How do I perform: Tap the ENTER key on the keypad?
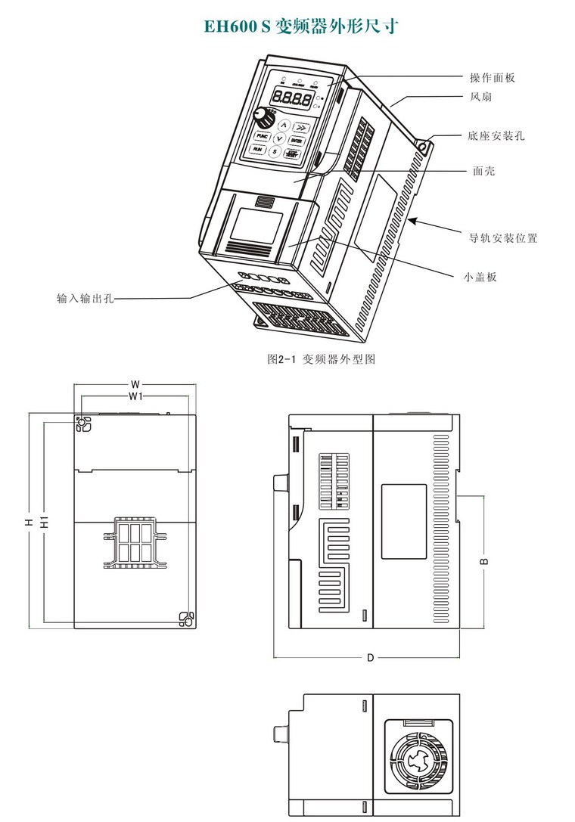[x=296, y=140]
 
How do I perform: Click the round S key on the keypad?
[x=275, y=152]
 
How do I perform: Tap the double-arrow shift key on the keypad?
[x=300, y=127]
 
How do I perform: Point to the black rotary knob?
[x=263, y=118]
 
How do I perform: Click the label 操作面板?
[x=493, y=78]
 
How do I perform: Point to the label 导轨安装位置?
[x=503, y=238]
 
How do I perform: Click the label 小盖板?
[x=480, y=277]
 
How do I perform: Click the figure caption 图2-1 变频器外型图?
[x=321, y=359]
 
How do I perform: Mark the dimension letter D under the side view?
[x=370, y=658]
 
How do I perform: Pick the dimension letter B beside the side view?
[x=485, y=560]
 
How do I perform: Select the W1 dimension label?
[x=136, y=396]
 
